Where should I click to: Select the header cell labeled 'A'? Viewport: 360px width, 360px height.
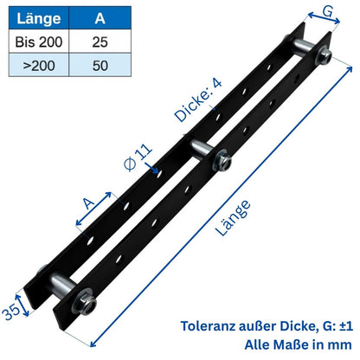(100, 18)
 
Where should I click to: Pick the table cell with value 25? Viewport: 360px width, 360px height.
(100, 41)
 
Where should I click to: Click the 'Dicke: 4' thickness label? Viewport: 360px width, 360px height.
(198, 94)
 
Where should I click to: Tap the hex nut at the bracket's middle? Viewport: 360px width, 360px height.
(222, 160)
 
